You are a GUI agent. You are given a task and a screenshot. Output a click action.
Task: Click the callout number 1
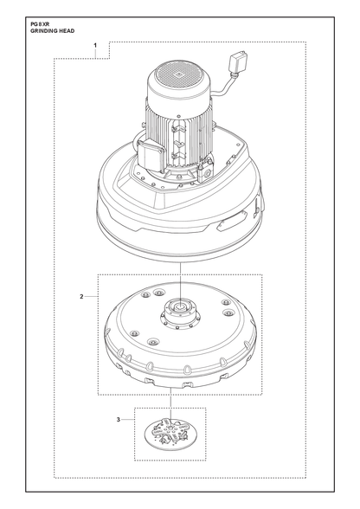(x=95, y=45)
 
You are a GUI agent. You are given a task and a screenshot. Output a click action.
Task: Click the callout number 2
(x=81, y=296)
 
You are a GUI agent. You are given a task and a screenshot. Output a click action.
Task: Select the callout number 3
(x=119, y=420)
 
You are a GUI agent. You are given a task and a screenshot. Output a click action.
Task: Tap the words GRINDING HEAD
(x=52, y=31)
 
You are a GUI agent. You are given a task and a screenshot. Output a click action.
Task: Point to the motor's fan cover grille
(x=177, y=75)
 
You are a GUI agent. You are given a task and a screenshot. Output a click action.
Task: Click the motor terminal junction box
(x=151, y=156)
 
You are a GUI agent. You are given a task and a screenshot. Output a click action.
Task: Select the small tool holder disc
(x=170, y=430)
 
